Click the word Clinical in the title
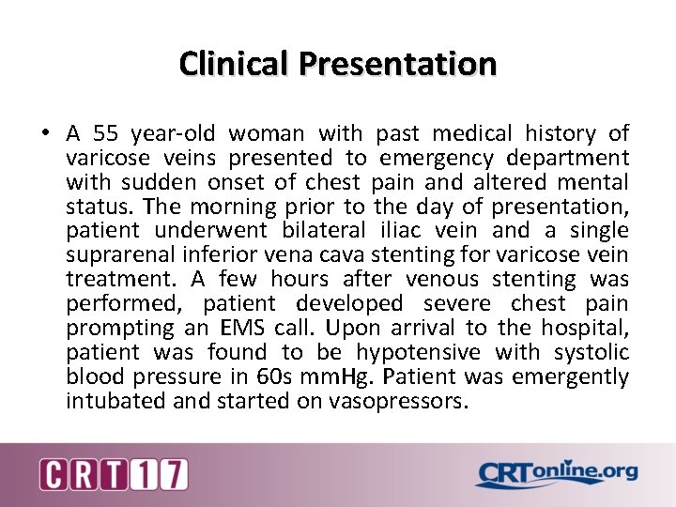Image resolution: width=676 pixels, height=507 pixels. coord(235,64)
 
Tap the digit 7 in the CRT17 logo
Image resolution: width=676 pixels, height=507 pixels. coord(175,474)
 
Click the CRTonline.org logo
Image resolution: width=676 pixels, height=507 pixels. coord(556,474)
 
